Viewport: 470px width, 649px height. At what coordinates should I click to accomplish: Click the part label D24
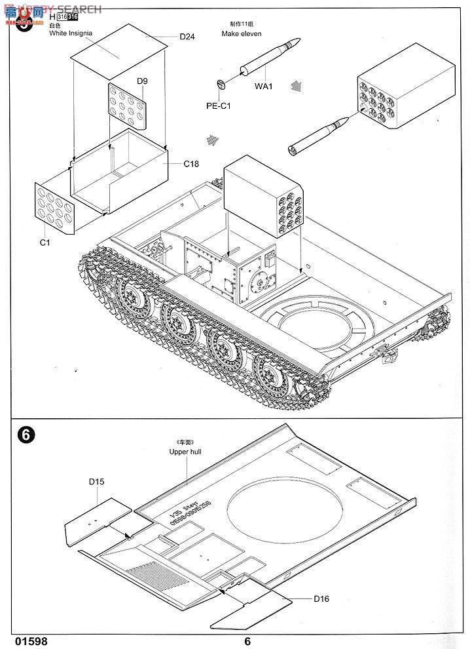[x=187, y=37]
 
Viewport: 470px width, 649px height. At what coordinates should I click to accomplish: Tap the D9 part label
[x=142, y=81]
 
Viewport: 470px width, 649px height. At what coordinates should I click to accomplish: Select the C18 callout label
[x=190, y=164]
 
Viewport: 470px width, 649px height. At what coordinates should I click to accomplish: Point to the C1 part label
[x=45, y=243]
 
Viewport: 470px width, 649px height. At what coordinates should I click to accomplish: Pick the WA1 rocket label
[x=264, y=86]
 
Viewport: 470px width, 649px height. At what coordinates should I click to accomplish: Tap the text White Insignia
[x=71, y=33]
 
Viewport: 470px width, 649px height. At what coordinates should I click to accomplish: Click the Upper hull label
[x=187, y=452]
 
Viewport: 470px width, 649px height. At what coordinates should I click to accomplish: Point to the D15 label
[x=97, y=481]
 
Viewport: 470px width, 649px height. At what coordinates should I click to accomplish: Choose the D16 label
[x=321, y=599]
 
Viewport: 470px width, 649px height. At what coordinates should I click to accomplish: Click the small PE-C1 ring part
[x=221, y=85]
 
